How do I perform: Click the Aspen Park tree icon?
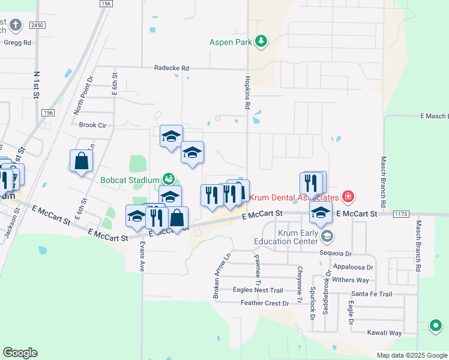(x=261, y=41)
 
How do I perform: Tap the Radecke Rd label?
(x=171, y=68)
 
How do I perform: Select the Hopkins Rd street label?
(x=247, y=92)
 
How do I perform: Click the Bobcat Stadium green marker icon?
(x=169, y=179)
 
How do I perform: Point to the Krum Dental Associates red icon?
(x=347, y=196)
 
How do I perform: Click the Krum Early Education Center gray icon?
(x=327, y=236)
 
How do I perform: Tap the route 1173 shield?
(x=401, y=214)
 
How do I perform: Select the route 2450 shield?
(x=38, y=25)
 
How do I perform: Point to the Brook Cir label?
(x=92, y=125)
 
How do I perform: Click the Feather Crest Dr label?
(x=265, y=303)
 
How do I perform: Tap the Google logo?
(x=20, y=352)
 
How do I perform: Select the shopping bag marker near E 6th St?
(x=81, y=161)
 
